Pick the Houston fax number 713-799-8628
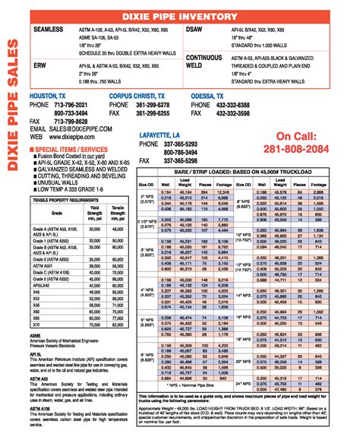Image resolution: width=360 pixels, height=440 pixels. (68, 121)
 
